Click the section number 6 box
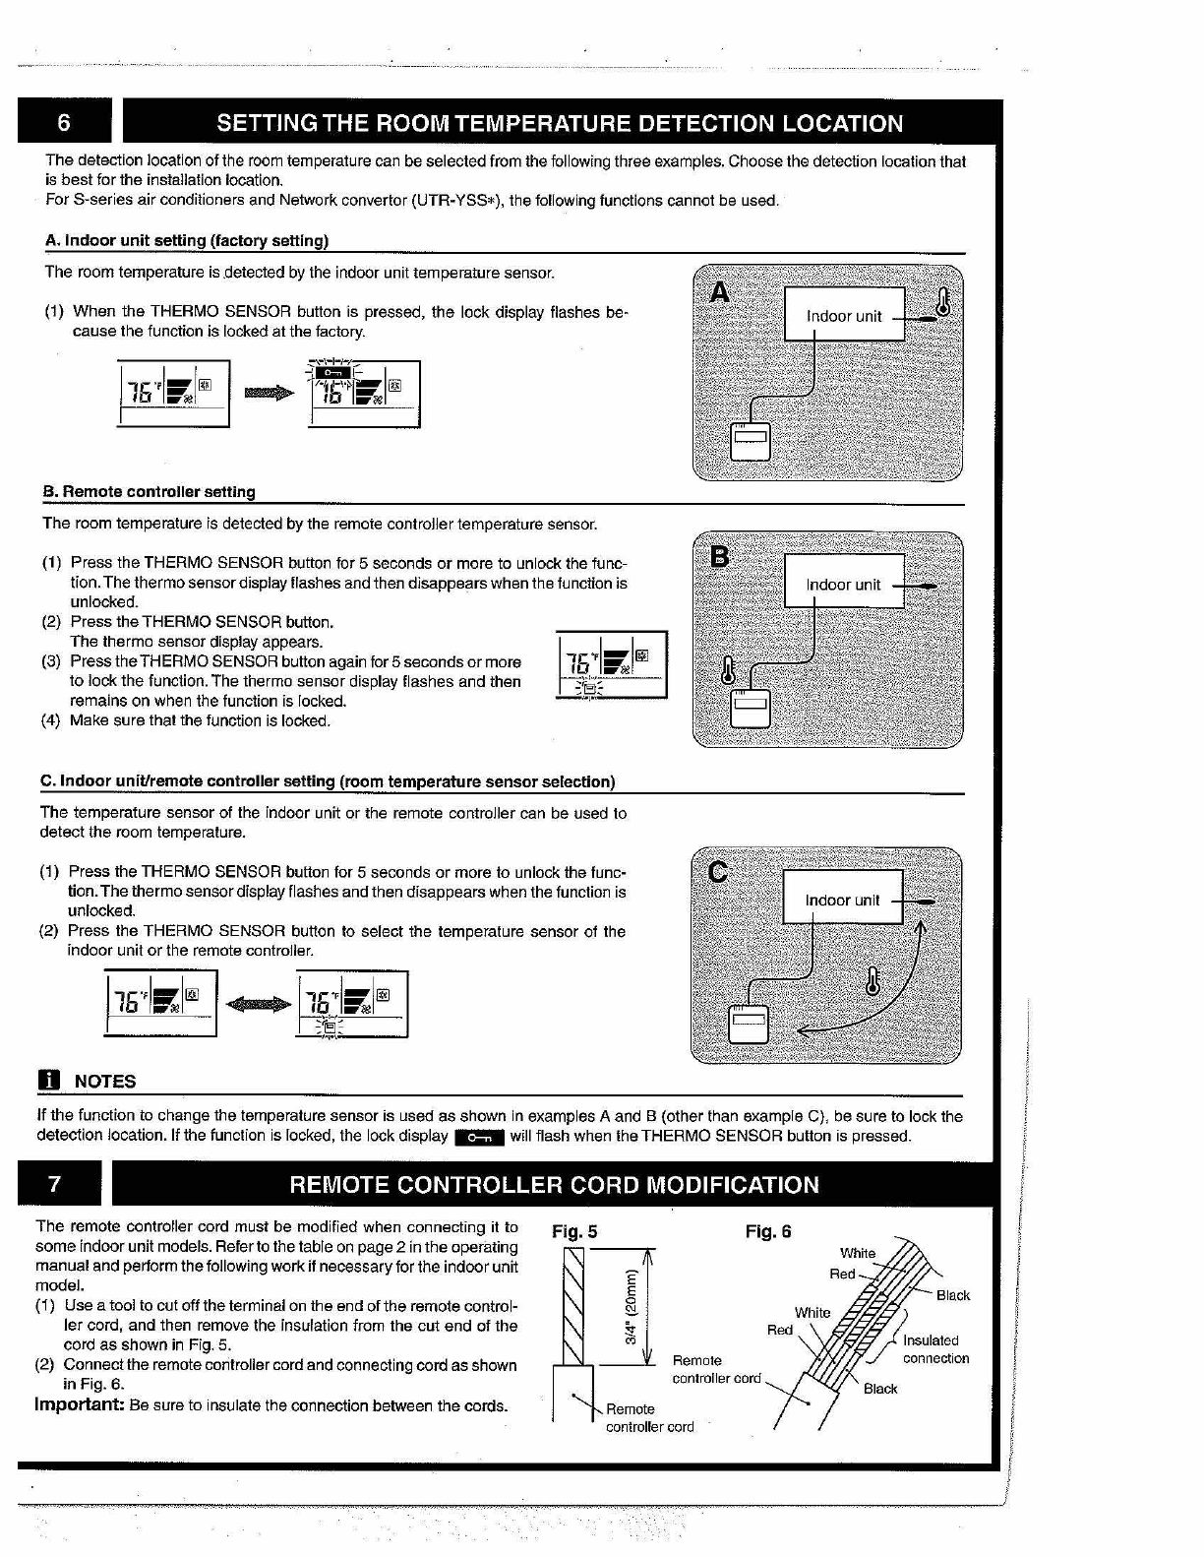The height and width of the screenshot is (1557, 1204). [64, 123]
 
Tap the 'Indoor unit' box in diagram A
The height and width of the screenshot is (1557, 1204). [844, 315]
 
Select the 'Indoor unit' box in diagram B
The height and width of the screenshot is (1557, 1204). [843, 584]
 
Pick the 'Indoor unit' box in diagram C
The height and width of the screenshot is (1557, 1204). [842, 900]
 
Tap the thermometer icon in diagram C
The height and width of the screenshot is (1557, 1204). [872, 981]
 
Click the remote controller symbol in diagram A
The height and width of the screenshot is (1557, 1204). [750, 441]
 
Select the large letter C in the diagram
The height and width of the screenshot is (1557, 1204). [718, 872]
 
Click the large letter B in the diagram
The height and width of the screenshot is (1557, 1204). [720, 558]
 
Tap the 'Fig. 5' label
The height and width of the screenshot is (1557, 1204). [574, 1231]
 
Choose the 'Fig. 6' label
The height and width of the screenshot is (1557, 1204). [768, 1231]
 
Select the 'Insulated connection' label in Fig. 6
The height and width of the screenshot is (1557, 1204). [935, 1349]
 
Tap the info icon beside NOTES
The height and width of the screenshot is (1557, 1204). [48, 1081]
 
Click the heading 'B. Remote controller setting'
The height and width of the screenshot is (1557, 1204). [149, 491]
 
